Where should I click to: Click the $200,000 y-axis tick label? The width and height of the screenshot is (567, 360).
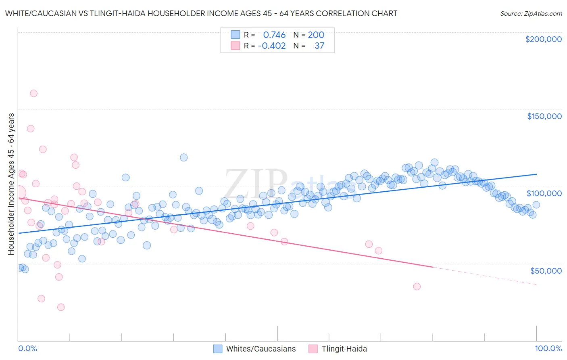point(543,39)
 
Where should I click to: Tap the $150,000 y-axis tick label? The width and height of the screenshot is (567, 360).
point(544,116)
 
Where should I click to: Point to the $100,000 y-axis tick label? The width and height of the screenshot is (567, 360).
point(544,193)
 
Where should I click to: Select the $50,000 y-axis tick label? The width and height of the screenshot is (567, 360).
point(546,270)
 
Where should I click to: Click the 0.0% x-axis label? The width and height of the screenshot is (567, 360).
point(27,348)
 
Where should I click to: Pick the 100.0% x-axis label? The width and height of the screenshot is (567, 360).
point(548,348)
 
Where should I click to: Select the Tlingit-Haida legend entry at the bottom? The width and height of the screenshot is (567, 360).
point(344,349)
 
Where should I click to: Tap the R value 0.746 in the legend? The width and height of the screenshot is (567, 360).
point(274,35)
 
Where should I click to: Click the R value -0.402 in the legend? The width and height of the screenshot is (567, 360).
point(272,46)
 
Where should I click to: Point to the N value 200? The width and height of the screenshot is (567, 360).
point(316,35)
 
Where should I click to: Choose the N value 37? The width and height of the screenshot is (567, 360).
point(319,46)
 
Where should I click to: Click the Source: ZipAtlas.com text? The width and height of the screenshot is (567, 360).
point(531,13)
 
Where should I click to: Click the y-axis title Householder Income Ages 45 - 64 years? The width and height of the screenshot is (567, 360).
point(11,184)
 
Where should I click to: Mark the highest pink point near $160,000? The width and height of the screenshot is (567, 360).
point(33,93)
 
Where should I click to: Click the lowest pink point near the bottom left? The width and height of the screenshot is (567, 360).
point(61,307)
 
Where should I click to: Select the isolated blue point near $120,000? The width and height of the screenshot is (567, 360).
point(183,157)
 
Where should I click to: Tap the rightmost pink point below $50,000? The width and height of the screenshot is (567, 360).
point(417,287)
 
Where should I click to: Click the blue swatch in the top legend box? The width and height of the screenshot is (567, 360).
point(235,35)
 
